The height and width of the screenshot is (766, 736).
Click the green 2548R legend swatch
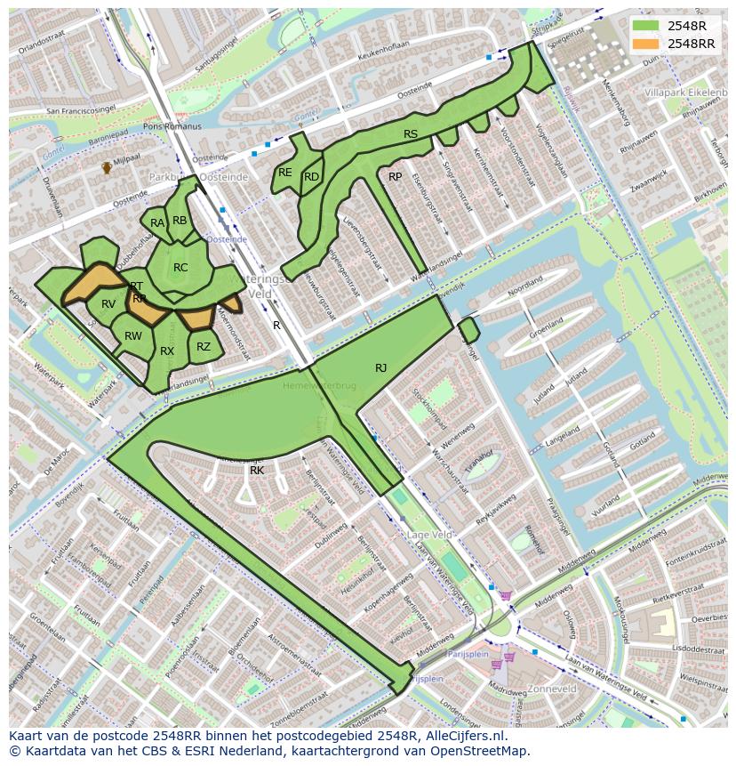[x=646, y=26]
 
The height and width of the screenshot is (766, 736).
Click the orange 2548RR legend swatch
[x=646, y=44]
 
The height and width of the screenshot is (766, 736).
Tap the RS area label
[x=411, y=134]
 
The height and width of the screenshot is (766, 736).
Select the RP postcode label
[x=396, y=177]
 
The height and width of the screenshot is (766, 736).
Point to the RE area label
[x=285, y=173]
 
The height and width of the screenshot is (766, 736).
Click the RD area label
[x=311, y=177]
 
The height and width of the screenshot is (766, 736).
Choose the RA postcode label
[x=157, y=223]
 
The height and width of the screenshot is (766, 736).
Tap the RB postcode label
[x=180, y=221]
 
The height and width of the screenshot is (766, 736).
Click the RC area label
[x=180, y=268]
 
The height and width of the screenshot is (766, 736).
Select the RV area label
[x=108, y=304]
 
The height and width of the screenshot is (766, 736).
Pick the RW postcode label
[x=133, y=336]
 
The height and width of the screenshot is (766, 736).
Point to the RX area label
[x=167, y=351]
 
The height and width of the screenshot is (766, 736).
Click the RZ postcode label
[x=204, y=347]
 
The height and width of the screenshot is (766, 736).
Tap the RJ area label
[x=380, y=367]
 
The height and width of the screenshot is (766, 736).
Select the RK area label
[x=257, y=470]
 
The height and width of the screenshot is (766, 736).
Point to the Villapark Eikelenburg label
[x=684, y=93]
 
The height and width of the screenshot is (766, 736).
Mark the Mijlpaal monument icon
[x=107, y=166]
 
